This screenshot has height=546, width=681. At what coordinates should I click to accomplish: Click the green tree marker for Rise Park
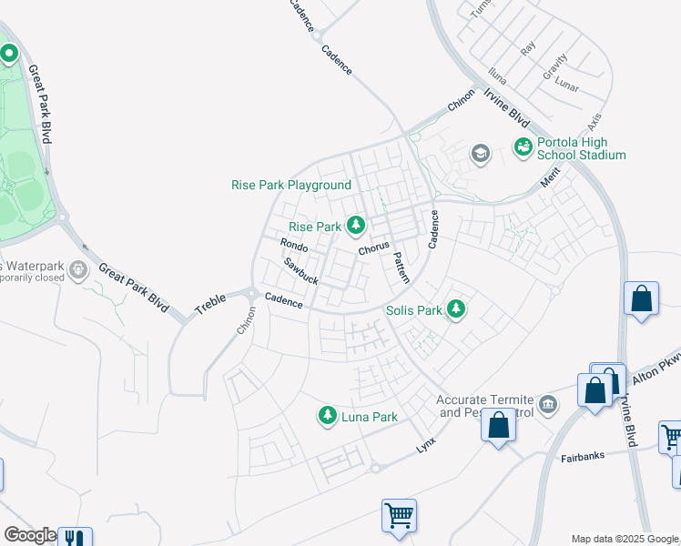(356, 225)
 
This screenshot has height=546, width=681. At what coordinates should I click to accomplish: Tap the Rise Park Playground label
(291, 185)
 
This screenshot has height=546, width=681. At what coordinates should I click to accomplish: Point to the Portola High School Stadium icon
(523, 147)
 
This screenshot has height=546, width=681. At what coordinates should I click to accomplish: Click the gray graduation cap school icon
(480, 154)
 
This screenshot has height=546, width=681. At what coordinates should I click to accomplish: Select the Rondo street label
(294, 246)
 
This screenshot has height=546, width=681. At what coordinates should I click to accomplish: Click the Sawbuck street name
(300, 270)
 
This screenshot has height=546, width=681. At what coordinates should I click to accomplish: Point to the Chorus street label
(373, 248)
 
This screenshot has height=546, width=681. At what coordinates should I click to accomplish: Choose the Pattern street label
(401, 266)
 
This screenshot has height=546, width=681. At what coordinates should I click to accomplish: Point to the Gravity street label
(554, 65)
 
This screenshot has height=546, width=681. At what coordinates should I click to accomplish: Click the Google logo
(29, 535)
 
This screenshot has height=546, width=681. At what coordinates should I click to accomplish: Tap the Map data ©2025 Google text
(625, 539)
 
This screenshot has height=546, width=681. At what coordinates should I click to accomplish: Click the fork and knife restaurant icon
(74, 537)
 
